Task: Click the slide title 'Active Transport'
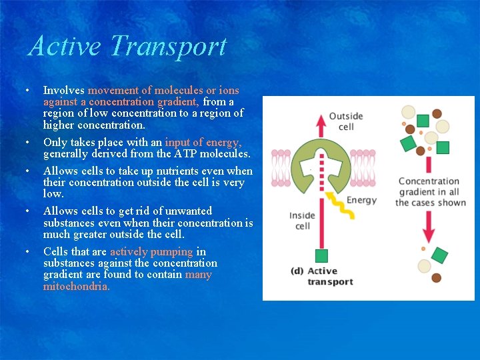pyautogui.click(x=127, y=47)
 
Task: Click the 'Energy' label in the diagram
pyautogui.click(x=361, y=200)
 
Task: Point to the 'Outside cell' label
pyautogui.click(x=345, y=121)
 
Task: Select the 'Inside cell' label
pyautogui.click(x=302, y=221)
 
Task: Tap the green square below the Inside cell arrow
pyautogui.click(x=321, y=255)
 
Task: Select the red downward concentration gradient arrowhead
pyautogui.click(x=428, y=233)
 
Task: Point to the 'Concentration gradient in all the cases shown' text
pyautogui.click(x=430, y=192)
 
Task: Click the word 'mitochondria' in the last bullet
pyautogui.click(x=76, y=286)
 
